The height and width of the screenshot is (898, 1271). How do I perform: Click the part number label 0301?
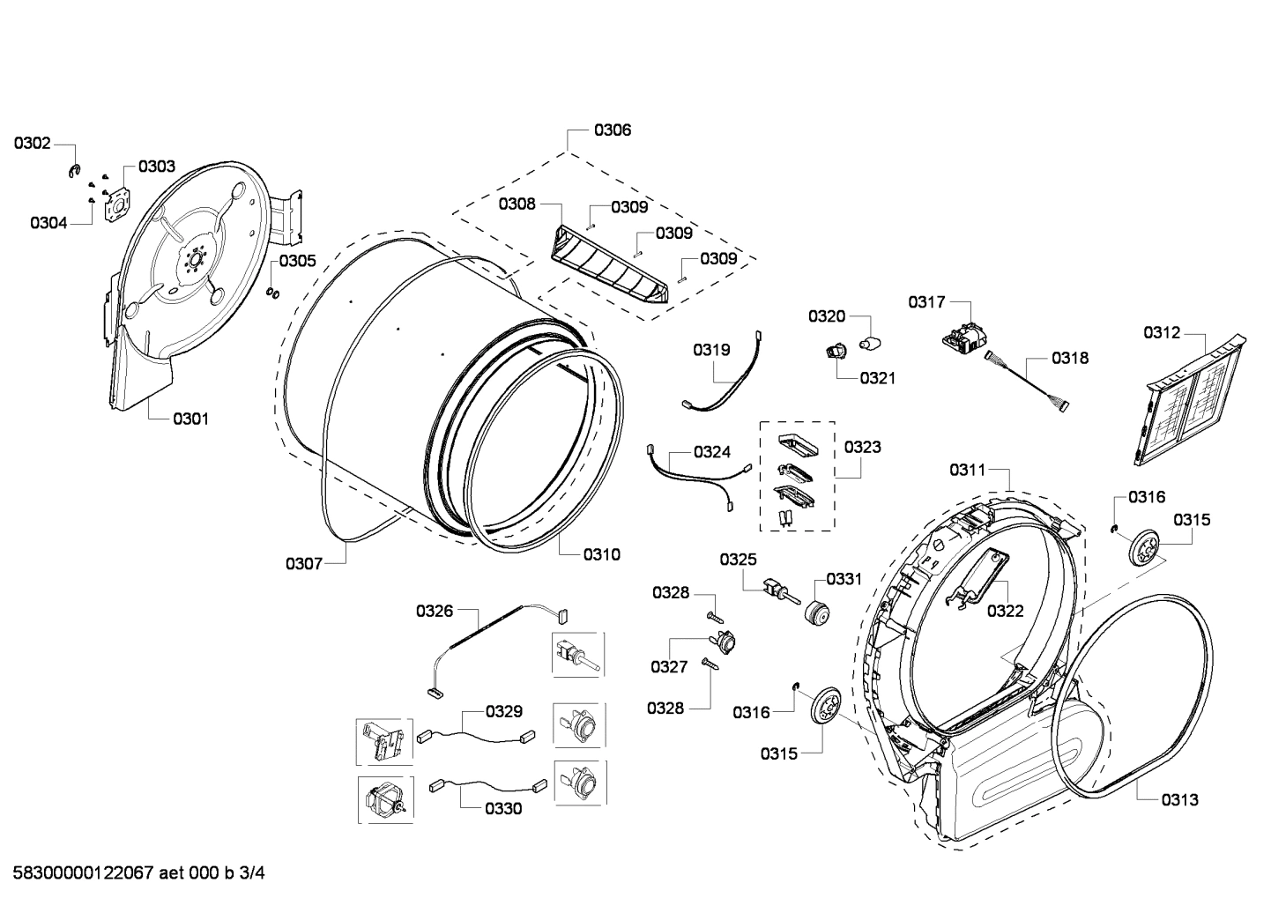tap(190, 419)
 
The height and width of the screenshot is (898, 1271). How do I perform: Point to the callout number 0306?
tap(612, 130)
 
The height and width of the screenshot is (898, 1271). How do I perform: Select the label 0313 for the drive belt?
tap(1179, 800)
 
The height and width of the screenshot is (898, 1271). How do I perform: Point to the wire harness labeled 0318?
tap(1027, 378)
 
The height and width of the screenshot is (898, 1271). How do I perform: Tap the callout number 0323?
tap(862, 447)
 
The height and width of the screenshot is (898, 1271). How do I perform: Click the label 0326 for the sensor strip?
tap(435, 610)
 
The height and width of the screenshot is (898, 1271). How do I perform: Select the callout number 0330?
tap(503, 808)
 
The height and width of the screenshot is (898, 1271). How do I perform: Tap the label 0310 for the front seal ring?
tap(601, 554)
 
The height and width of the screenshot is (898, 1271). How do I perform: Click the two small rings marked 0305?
tap(274, 293)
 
